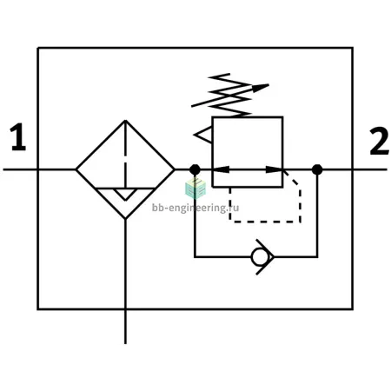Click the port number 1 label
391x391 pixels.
(x=18, y=136)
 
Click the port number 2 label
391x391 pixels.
(x=379, y=141)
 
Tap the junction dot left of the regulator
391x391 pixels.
(x=195, y=169)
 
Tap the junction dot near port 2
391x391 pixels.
(x=317, y=169)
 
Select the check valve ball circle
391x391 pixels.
(x=259, y=257)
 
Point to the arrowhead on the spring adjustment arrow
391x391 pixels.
(x=261, y=88)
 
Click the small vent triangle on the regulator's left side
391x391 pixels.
(x=203, y=135)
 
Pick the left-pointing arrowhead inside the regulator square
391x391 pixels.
(x=221, y=169)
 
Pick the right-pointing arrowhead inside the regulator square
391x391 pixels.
(x=275, y=169)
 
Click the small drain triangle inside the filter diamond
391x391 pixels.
(x=125, y=195)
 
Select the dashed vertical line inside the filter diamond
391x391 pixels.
(x=125, y=155)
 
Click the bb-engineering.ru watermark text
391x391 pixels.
(x=195, y=208)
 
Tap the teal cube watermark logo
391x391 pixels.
(x=195, y=189)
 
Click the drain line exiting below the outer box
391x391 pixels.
(x=125, y=327)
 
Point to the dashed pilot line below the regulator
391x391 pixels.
(x=265, y=222)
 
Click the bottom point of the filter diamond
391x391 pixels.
(x=125, y=219)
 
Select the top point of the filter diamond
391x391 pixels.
(x=125, y=121)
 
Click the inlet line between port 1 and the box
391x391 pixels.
(x=20, y=169)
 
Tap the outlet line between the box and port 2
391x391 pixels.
(x=370, y=169)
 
